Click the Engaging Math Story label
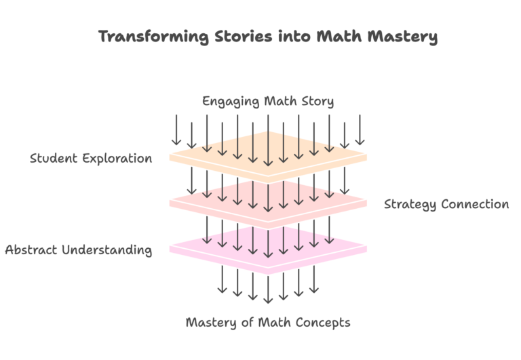pyautogui.click(x=268, y=102)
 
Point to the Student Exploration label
pyautogui.click(x=91, y=159)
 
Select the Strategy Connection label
pyautogui.click(x=446, y=204)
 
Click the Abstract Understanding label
pyautogui.click(x=78, y=249)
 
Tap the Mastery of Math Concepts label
pyautogui.click(x=268, y=322)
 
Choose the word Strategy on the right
pyautogui.click(x=410, y=204)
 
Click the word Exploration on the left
pyautogui.click(x=120, y=159)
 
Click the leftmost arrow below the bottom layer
pyautogui.click(x=222, y=279)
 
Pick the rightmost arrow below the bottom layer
pyautogui.click(x=313, y=279)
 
